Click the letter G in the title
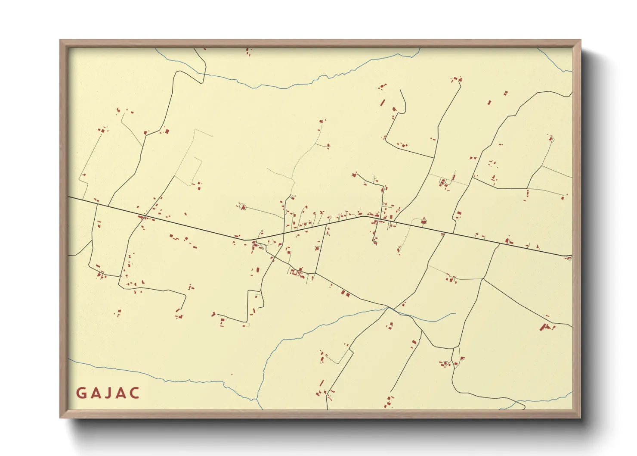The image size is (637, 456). coord(80,393)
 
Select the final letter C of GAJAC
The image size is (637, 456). coord(135,393)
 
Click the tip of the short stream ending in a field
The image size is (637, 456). coord(455,313)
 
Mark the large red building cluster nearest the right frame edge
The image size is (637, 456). coord(546,327)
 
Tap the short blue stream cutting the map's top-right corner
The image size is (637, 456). coord(555,60)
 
